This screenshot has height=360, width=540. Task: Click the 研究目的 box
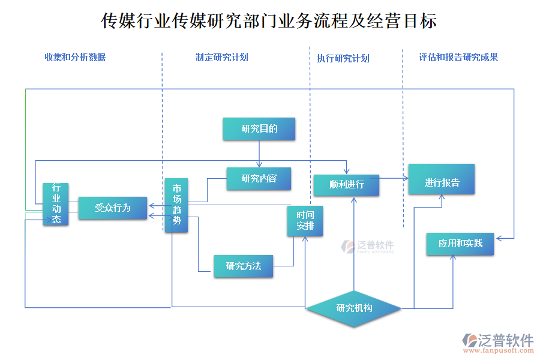pos(259,129)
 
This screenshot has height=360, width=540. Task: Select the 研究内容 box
pos(259,178)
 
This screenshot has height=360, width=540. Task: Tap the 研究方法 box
pos(243,266)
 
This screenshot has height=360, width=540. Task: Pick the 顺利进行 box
pos(346,185)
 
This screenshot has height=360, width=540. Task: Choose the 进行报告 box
pos(441,179)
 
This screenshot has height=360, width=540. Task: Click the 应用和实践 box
pos(460,244)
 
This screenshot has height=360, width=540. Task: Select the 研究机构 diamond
pos(354,308)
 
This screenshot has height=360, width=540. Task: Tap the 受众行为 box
pos(113,208)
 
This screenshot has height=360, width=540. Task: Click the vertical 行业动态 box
pos(56,204)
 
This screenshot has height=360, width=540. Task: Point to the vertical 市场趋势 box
pos(176,205)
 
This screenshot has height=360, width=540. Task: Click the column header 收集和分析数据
pos(75,58)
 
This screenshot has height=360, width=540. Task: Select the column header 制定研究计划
pos(221,58)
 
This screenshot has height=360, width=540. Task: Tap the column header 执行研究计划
pos(343,58)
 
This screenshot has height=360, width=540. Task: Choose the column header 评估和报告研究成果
pos(458,58)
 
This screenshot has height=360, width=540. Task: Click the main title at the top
pos(269,22)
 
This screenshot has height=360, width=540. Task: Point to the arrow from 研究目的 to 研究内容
pos(259,154)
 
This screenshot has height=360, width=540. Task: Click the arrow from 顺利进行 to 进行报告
pos(394,178)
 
